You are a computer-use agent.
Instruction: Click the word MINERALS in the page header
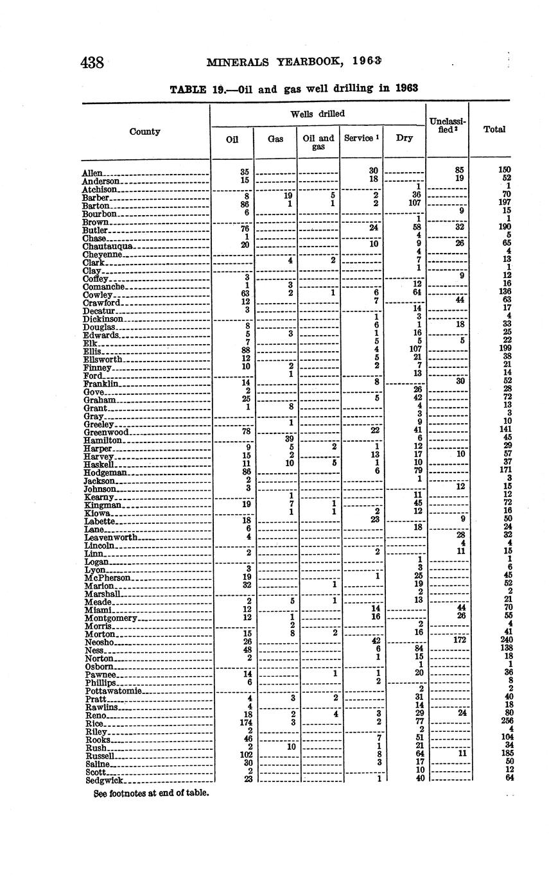point(233,62)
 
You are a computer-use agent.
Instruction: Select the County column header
point(145,132)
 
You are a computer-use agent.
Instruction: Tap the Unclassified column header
point(448,125)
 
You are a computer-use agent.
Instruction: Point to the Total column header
point(494,129)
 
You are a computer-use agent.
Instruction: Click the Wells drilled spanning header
point(318,114)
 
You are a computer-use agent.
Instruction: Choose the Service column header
point(361,138)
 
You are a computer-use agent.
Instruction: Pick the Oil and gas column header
point(318,143)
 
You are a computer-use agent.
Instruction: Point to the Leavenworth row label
point(111,537)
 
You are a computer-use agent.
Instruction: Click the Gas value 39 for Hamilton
point(289,439)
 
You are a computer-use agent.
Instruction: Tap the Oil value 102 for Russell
point(245,756)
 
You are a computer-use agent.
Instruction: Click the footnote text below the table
point(152,794)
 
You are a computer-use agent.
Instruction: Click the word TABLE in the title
point(188,89)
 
